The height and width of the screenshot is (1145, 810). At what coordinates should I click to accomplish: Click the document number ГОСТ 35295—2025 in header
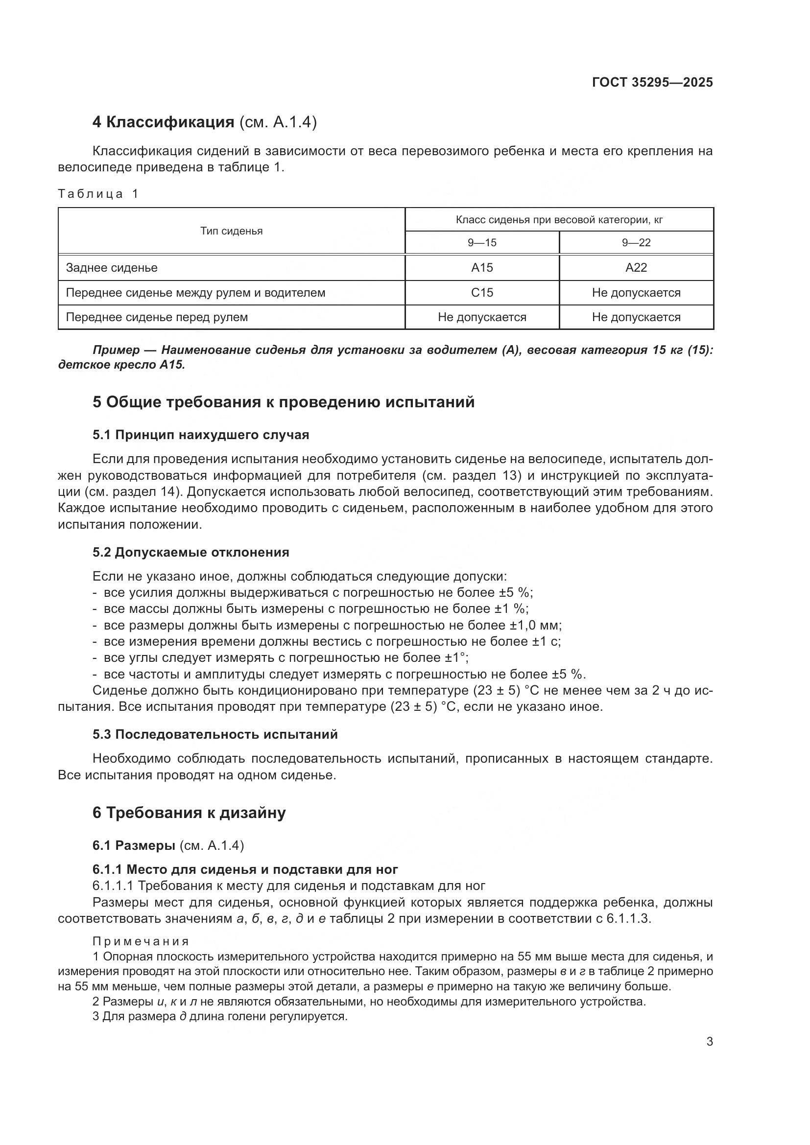point(652,82)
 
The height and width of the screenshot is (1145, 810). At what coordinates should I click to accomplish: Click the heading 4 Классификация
point(163,122)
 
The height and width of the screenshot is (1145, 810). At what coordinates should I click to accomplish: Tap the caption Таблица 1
point(98,193)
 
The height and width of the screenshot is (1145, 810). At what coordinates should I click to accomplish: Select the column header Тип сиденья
point(232,231)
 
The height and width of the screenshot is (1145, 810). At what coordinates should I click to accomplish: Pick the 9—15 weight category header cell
point(482,243)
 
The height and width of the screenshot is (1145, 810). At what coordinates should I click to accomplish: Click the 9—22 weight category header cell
point(636,243)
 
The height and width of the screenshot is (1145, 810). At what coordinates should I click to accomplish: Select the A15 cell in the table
point(482,268)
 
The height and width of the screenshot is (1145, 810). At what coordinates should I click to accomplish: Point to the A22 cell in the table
point(636,268)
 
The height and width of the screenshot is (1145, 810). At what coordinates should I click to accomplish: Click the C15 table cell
point(482,293)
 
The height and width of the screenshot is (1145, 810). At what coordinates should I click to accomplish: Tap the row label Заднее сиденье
point(112,268)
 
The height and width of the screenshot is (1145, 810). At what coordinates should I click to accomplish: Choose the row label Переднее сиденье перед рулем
point(157,317)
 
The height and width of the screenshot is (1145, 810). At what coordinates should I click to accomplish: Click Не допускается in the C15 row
point(636,293)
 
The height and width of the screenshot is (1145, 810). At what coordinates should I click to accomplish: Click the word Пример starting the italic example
point(116,350)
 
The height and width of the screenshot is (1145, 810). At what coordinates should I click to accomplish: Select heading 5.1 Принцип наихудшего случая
point(200,435)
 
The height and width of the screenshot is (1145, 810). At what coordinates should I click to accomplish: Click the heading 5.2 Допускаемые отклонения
point(191,552)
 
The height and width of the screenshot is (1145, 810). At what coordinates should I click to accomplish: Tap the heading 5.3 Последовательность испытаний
point(215,734)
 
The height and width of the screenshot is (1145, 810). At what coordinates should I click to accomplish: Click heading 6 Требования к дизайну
point(189,813)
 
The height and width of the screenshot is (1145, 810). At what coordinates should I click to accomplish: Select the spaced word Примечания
point(141,941)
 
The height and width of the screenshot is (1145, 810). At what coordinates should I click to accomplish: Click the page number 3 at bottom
point(710,1042)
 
